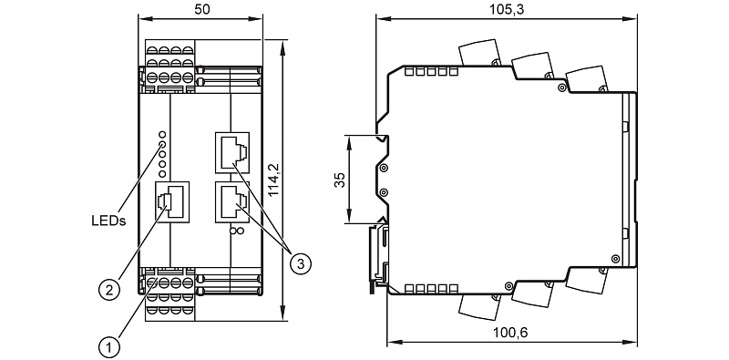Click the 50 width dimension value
(x=201, y=10)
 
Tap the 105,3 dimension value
(x=508, y=9)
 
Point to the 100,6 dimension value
(x=510, y=333)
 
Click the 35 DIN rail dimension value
(x=342, y=180)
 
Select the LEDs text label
(x=108, y=221)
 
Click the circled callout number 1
(x=108, y=347)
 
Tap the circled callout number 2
(x=109, y=290)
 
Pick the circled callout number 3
(x=301, y=263)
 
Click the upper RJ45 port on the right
(x=232, y=150)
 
